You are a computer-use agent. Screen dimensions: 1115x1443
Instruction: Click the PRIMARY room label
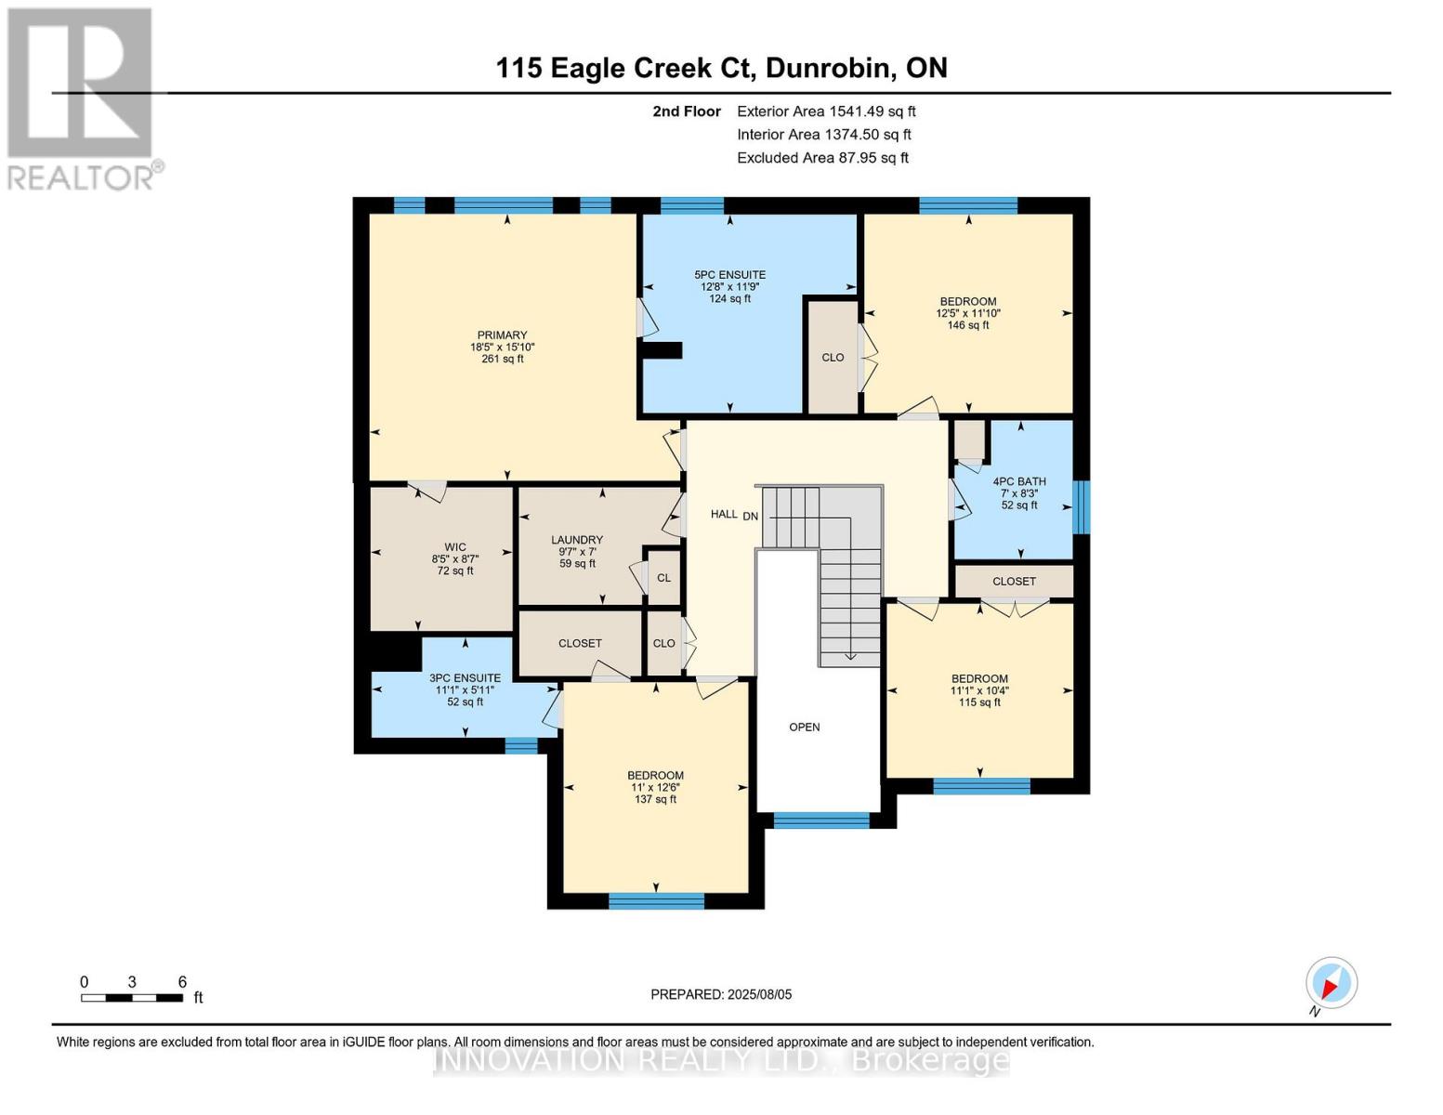pyautogui.click(x=502, y=335)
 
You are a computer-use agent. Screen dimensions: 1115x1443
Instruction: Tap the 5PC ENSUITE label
pyautogui.click(x=729, y=275)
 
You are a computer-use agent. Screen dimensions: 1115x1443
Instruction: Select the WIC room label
pyautogui.click(x=454, y=547)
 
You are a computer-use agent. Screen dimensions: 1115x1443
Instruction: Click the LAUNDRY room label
pyautogui.click(x=577, y=540)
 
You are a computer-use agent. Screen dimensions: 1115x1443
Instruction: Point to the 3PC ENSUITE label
pyautogui.click(x=465, y=678)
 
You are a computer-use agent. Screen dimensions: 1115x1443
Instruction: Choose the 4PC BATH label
pyautogui.click(x=1019, y=481)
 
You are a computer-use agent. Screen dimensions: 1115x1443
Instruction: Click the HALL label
pyautogui.click(x=724, y=514)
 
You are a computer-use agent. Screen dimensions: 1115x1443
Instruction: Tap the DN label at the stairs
pyautogui.click(x=750, y=517)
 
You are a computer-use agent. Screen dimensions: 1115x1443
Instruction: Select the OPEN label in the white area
pyautogui.click(x=805, y=727)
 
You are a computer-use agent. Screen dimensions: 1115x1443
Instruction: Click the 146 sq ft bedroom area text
pyautogui.click(x=968, y=325)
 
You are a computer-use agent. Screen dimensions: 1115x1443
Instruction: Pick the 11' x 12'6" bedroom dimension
pyautogui.click(x=655, y=787)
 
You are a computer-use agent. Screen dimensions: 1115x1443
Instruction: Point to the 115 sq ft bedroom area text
pyautogui.click(x=979, y=702)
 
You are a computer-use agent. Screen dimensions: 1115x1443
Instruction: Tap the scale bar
pyautogui.click(x=131, y=998)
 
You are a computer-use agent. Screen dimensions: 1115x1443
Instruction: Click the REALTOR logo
pyautogui.click(x=82, y=98)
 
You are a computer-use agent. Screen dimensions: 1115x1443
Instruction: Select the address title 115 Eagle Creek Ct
pyautogui.click(x=721, y=68)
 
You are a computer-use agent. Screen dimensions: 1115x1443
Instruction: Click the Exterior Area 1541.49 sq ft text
pyautogui.click(x=826, y=111)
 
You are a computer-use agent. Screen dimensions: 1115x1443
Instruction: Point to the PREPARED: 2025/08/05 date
pyautogui.click(x=721, y=994)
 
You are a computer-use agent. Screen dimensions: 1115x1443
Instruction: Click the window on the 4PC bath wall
pyautogui.click(x=1081, y=507)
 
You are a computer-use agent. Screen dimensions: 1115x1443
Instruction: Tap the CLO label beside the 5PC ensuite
pyautogui.click(x=833, y=358)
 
